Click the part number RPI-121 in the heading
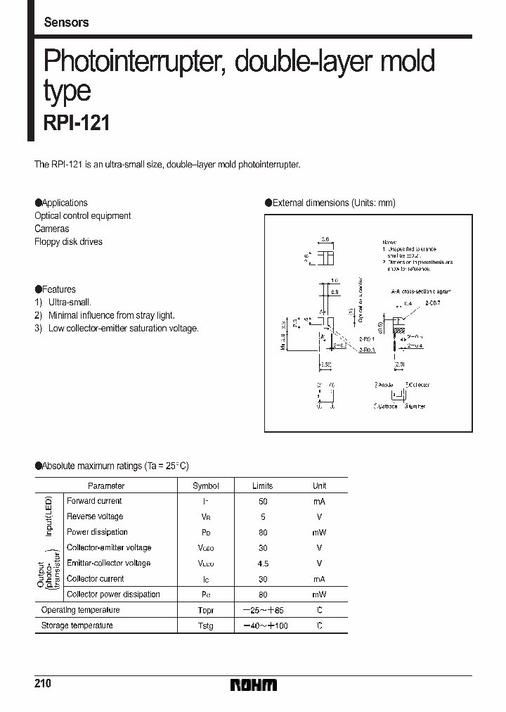72,122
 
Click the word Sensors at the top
66,23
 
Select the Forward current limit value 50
263,502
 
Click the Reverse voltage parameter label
95,516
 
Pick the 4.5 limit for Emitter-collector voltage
263,563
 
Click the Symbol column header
206,486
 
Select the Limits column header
263,486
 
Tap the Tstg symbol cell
206,625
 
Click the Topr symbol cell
206,610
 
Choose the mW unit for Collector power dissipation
319,595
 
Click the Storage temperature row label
77,625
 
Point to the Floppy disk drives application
68,241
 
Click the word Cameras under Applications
52,229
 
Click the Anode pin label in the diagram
384,385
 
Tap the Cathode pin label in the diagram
386,406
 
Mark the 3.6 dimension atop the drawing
325,240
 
